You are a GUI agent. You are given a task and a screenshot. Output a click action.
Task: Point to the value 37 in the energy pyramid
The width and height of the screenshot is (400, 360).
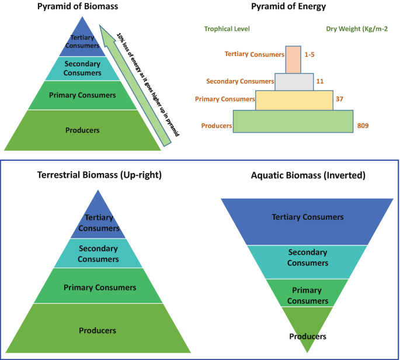(339, 99)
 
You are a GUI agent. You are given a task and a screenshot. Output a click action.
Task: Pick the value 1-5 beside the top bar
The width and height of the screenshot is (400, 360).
(310, 54)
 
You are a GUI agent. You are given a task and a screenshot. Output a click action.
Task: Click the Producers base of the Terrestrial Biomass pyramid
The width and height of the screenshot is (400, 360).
(98, 330)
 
